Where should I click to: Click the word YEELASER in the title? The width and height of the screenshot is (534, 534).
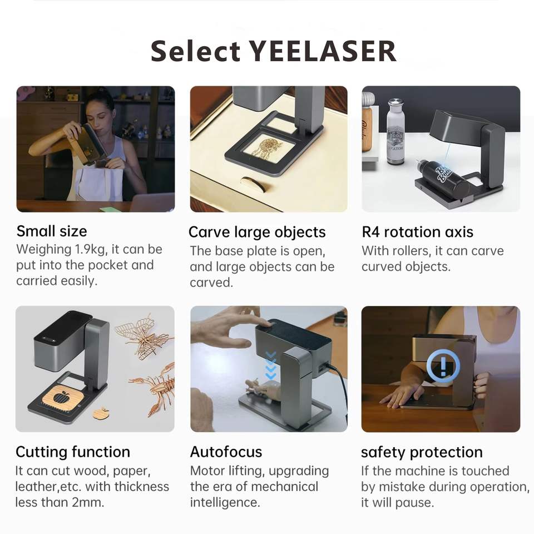coord(323,51)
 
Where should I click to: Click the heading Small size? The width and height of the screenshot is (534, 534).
coord(52,231)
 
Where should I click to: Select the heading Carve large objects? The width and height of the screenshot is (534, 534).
coord(257,233)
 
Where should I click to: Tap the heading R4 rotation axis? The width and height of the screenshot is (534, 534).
coord(417,232)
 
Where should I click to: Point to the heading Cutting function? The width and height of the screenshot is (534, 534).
coord(73,452)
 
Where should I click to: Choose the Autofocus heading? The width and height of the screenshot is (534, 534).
coord(226,452)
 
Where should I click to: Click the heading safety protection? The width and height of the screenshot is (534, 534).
coord(422,452)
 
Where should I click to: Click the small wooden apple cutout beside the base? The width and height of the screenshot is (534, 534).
coord(101,413)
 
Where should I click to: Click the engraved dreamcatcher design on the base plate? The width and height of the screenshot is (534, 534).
coord(268,146)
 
